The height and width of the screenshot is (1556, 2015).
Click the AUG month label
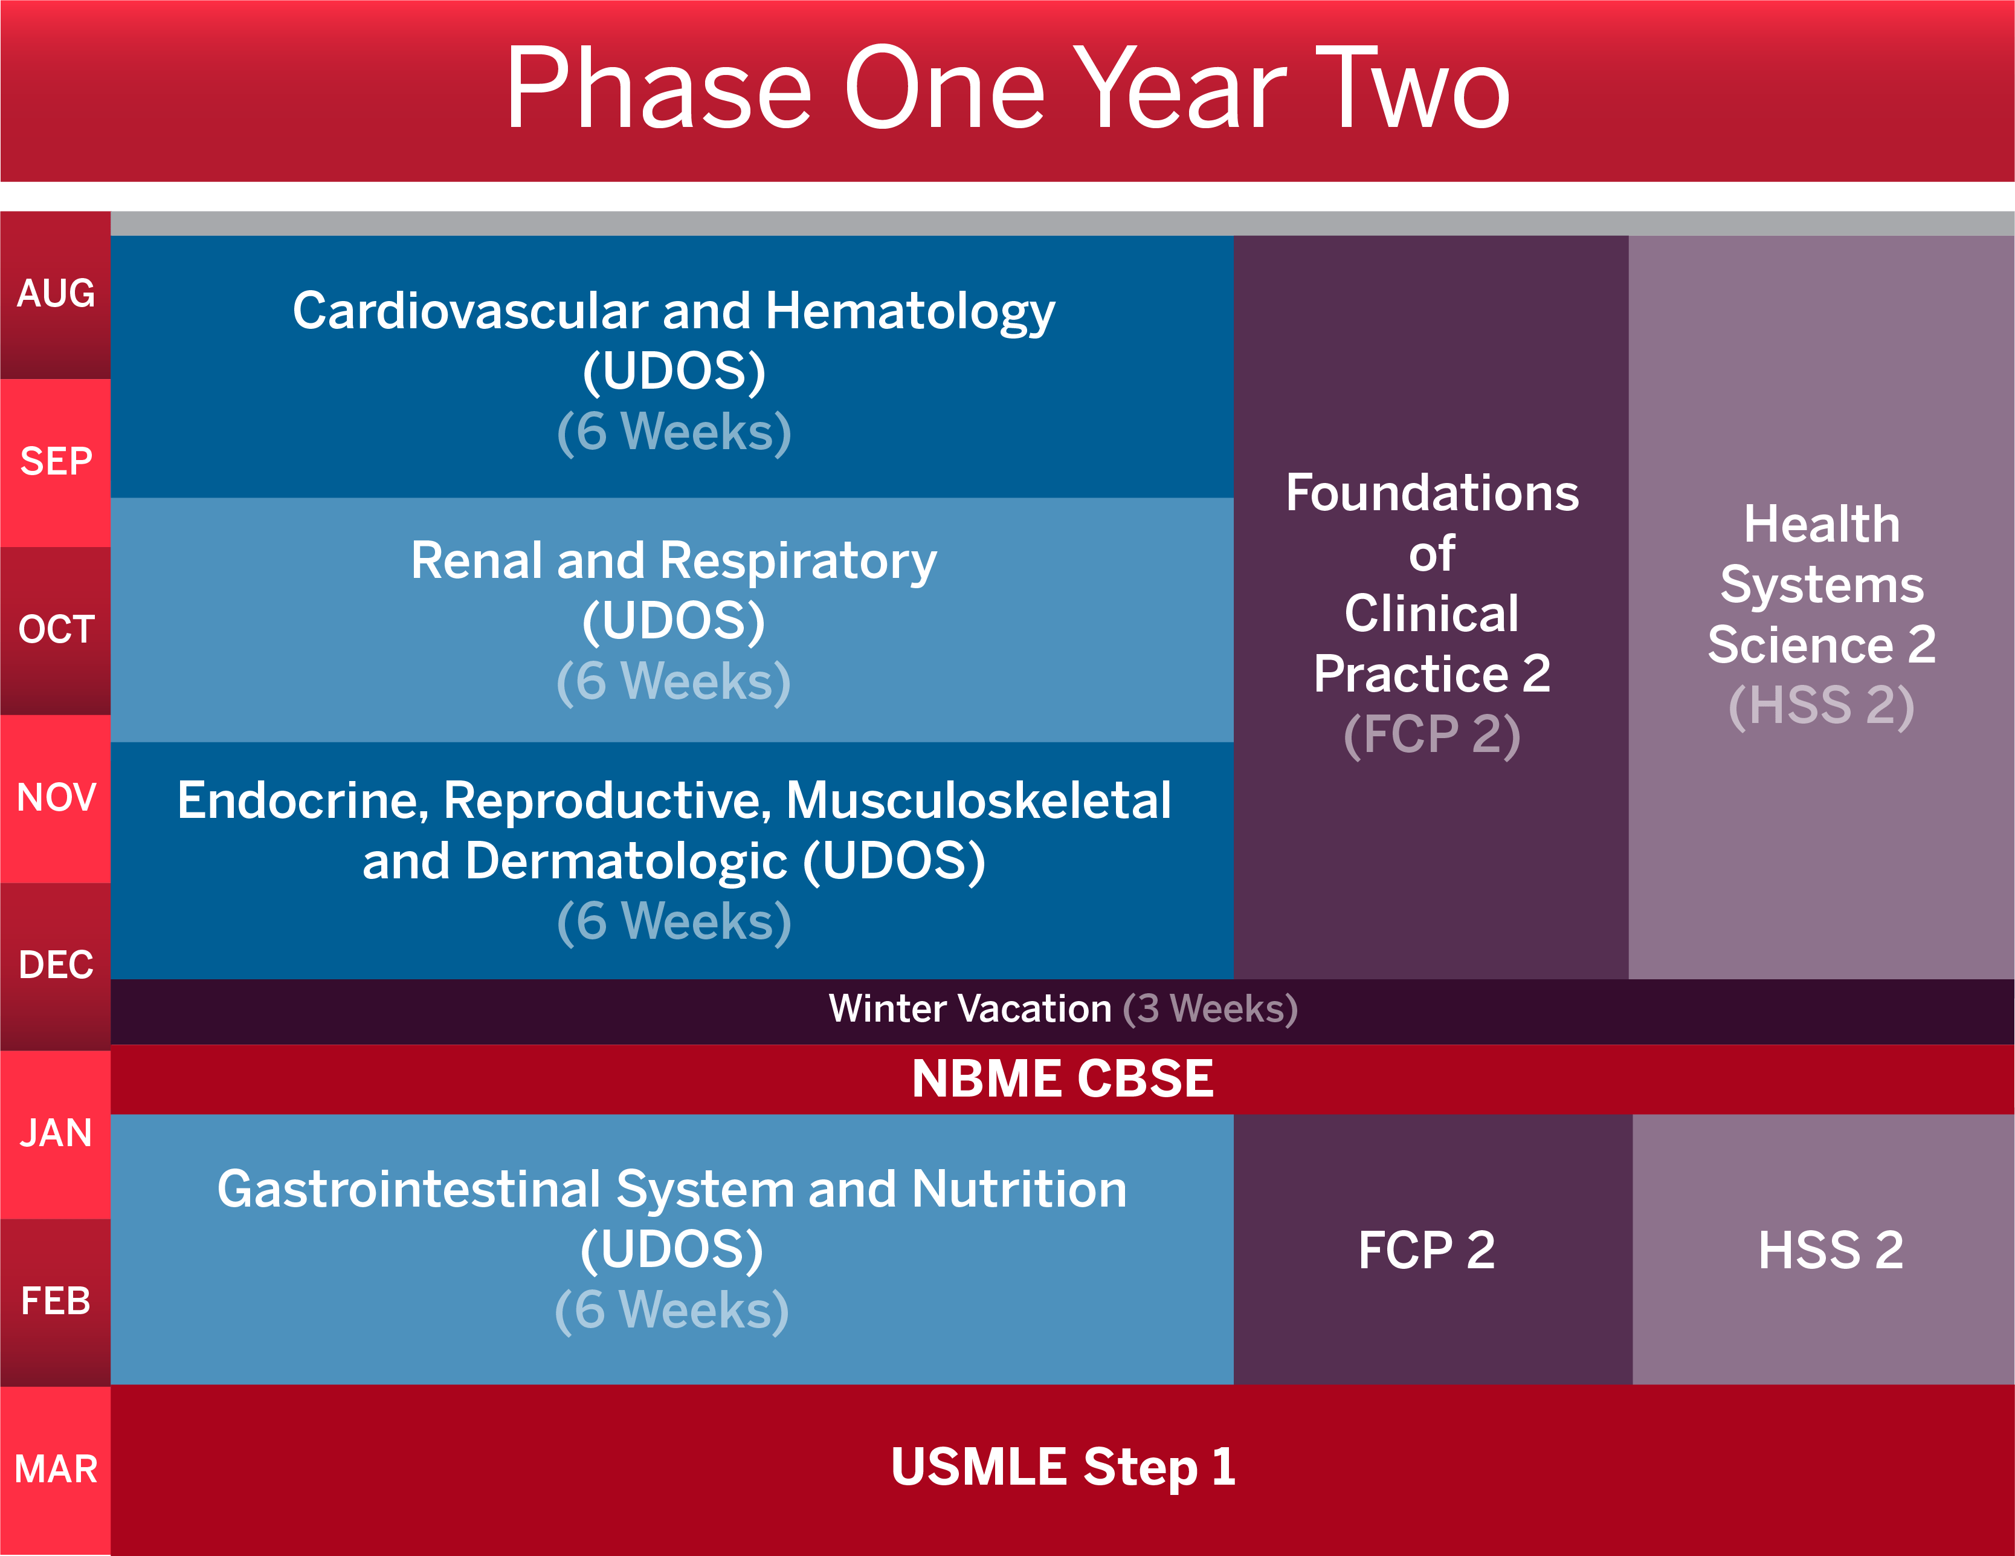tap(56, 293)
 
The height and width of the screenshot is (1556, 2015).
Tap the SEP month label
tap(56, 461)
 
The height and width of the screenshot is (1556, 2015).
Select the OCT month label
tap(56, 629)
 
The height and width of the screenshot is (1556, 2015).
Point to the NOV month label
tap(56, 797)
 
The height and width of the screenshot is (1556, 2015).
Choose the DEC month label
tap(56, 965)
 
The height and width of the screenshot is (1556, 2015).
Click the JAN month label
tap(56, 1133)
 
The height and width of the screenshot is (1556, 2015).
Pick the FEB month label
tap(56, 1302)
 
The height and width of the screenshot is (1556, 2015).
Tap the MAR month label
tap(56, 1469)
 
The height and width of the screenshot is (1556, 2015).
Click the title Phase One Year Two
tap(1008, 89)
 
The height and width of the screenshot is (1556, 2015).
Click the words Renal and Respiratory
tap(674, 560)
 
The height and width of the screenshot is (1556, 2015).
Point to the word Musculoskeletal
tap(978, 800)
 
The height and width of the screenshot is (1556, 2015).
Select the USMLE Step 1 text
tap(1062, 1467)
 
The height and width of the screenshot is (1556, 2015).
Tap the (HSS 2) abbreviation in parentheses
tap(1821, 706)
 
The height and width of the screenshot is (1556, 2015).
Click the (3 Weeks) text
tap(1210, 1009)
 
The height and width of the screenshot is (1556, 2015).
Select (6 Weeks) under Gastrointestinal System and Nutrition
tap(672, 1311)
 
